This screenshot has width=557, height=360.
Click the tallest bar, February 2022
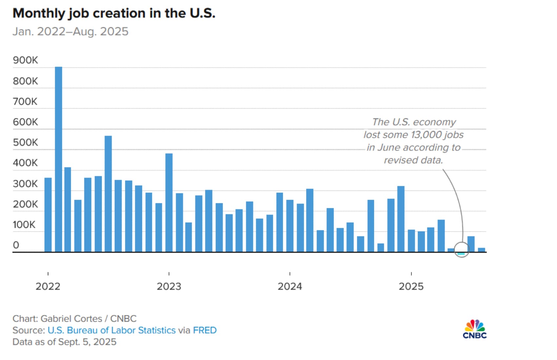tap(58, 159)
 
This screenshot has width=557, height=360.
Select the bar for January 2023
tap(169, 203)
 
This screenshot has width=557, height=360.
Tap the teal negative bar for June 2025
tap(461, 254)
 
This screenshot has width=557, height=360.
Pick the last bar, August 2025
tap(481, 250)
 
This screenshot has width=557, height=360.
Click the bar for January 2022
tap(48, 215)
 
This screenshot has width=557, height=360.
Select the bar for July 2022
tap(108, 194)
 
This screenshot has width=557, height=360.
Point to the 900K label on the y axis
tap(25, 60)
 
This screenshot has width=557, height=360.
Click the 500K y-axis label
tap(25, 143)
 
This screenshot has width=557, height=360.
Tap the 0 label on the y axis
tap(16, 245)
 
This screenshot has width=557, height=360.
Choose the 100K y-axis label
tap(24, 225)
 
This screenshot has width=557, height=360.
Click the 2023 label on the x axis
tap(169, 287)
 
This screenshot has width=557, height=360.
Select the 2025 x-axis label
tap(411, 287)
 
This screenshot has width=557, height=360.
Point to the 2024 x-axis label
tap(290, 287)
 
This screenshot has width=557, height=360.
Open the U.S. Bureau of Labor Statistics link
tap(112, 330)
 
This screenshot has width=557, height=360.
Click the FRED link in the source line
tap(205, 330)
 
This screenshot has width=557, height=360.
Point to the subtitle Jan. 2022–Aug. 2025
tap(71, 31)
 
